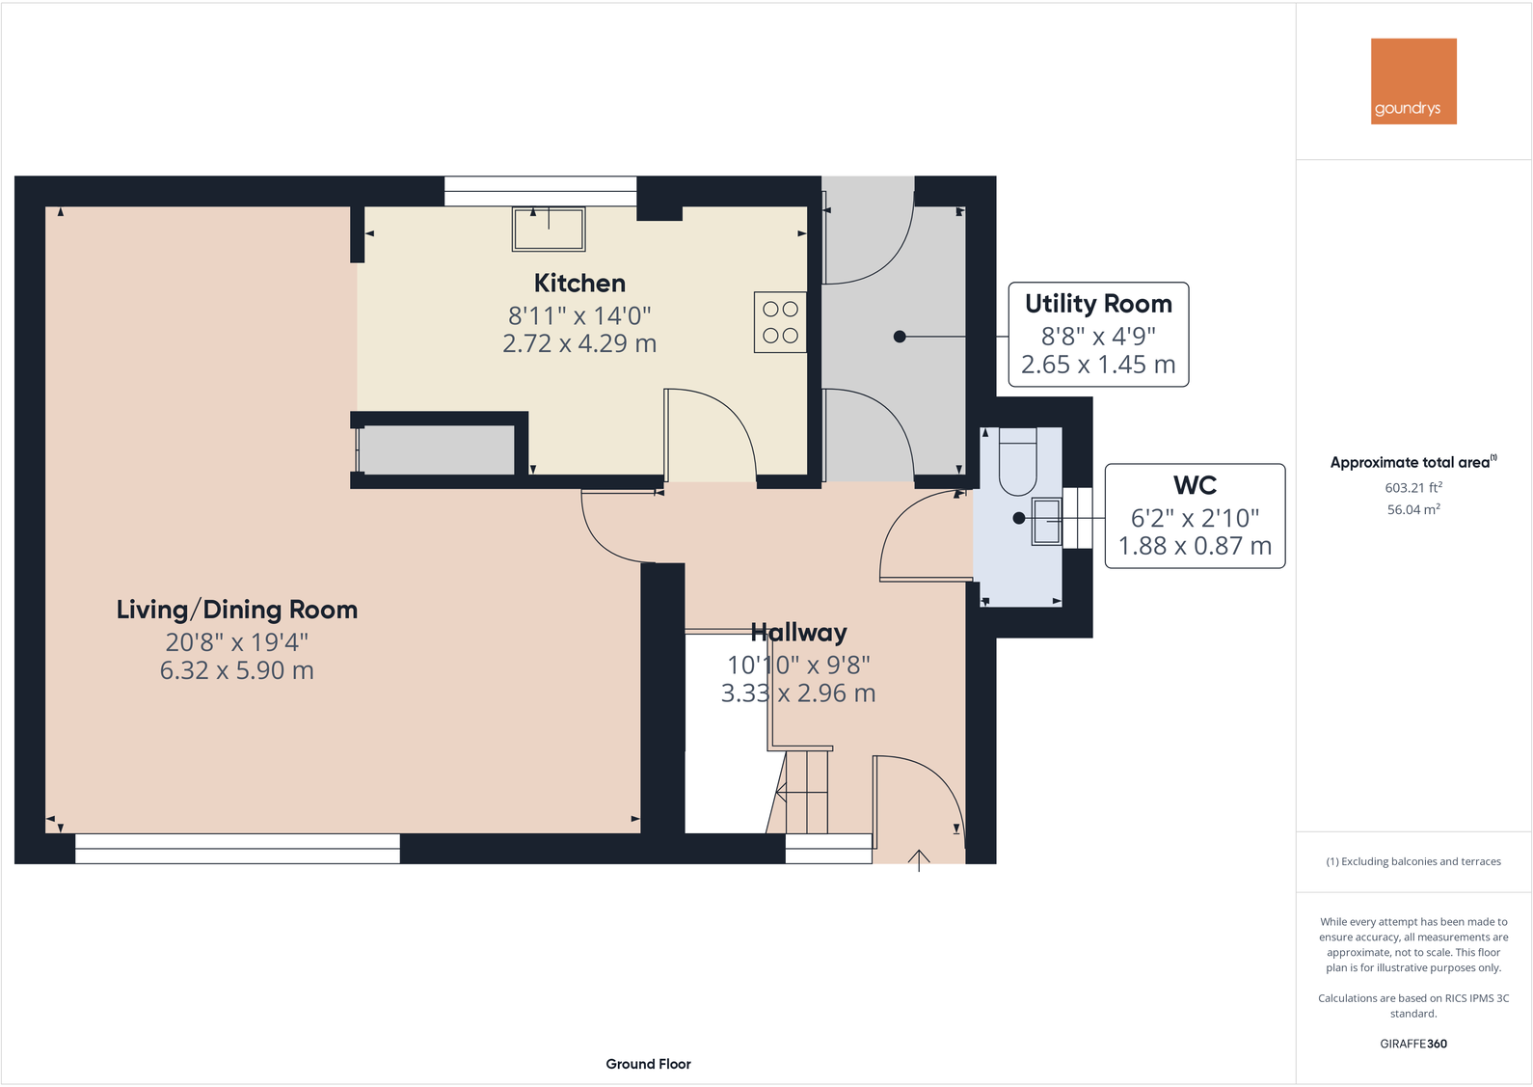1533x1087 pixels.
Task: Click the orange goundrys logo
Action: [1413, 81]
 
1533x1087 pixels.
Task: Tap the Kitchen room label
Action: [579, 283]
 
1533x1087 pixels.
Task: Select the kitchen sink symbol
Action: [549, 229]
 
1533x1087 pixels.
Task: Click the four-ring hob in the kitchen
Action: [780, 322]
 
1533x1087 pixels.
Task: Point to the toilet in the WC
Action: [1017, 461]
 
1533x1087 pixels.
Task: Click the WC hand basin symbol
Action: [1046, 521]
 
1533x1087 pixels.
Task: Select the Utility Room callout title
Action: [1098, 304]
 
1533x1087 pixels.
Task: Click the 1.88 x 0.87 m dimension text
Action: [1195, 546]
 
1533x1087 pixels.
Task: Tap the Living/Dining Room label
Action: [237, 610]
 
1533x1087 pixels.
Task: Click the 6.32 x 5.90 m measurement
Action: [237, 670]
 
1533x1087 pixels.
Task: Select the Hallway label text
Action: [798, 633]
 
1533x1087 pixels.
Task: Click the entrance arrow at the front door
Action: [919, 858]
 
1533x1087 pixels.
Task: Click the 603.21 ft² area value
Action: [1413, 487]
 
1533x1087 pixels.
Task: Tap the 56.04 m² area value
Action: [1413, 509]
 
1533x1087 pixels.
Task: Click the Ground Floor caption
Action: [648, 1064]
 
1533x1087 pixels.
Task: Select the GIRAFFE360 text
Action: [1413, 1044]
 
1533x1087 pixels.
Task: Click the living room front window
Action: [237, 849]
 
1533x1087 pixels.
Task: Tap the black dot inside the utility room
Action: [900, 337]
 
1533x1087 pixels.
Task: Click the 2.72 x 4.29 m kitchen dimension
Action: [579, 343]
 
